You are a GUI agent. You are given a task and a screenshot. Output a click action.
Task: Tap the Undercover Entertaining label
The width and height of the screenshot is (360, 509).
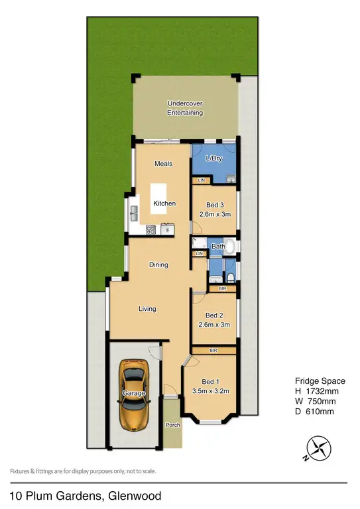pyautogui.click(x=185, y=108)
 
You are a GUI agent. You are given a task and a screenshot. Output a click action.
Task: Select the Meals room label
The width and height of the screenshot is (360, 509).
pyautogui.click(x=164, y=163)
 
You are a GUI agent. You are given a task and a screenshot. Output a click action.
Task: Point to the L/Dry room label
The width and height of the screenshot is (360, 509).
pyautogui.click(x=214, y=159)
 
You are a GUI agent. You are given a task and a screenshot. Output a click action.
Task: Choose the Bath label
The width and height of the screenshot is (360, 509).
pyautogui.click(x=218, y=247)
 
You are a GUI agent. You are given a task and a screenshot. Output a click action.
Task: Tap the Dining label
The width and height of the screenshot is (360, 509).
pyautogui.click(x=158, y=265)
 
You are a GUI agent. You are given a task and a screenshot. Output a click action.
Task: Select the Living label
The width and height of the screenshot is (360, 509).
pyautogui.click(x=147, y=309)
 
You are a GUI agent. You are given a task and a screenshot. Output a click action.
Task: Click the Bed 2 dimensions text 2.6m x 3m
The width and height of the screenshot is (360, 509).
pyautogui.click(x=213, y=325)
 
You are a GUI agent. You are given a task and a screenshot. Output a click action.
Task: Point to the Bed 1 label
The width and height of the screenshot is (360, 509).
pyautogui.click(x=209, y=382)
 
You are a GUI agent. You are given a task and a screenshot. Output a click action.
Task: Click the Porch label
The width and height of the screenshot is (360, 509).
pyautogui.click(x=172, y=425)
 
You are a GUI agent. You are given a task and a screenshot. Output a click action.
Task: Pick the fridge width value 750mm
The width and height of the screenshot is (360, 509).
pyautogui.click(x=322, y=402)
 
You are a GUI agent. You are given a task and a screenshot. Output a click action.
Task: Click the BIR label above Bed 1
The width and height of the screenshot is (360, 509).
pyautogui.click(x=213, y=349)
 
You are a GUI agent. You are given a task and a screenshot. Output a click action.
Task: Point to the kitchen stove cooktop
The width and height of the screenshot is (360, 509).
pyautogui.click(x=150, y=230)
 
